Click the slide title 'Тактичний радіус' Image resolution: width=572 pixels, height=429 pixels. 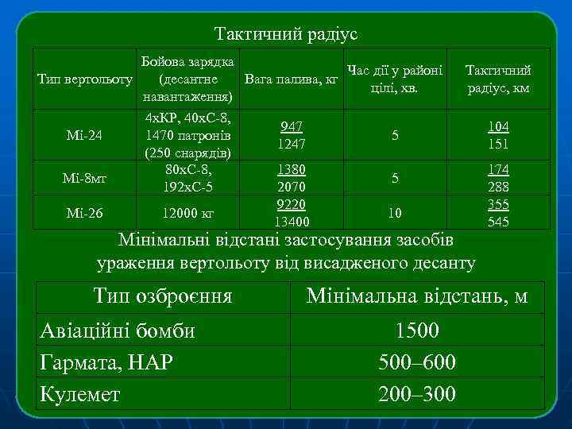(286, 34)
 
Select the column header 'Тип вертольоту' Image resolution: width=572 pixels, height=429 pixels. (86, 80)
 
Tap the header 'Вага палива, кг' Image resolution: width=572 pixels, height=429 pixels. (292, 80)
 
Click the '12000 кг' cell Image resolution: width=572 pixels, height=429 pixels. (187, 214)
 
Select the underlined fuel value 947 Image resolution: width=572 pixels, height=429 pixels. (292, 127)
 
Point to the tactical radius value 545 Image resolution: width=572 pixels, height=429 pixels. (498, 222)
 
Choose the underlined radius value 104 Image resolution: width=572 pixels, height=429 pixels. (498, 127)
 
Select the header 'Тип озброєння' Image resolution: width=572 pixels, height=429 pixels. (162, 297)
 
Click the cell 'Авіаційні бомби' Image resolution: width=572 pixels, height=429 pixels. (117, 330)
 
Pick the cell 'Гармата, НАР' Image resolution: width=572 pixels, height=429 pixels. (106, 362)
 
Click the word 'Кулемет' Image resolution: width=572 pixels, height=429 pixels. (79, 394)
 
